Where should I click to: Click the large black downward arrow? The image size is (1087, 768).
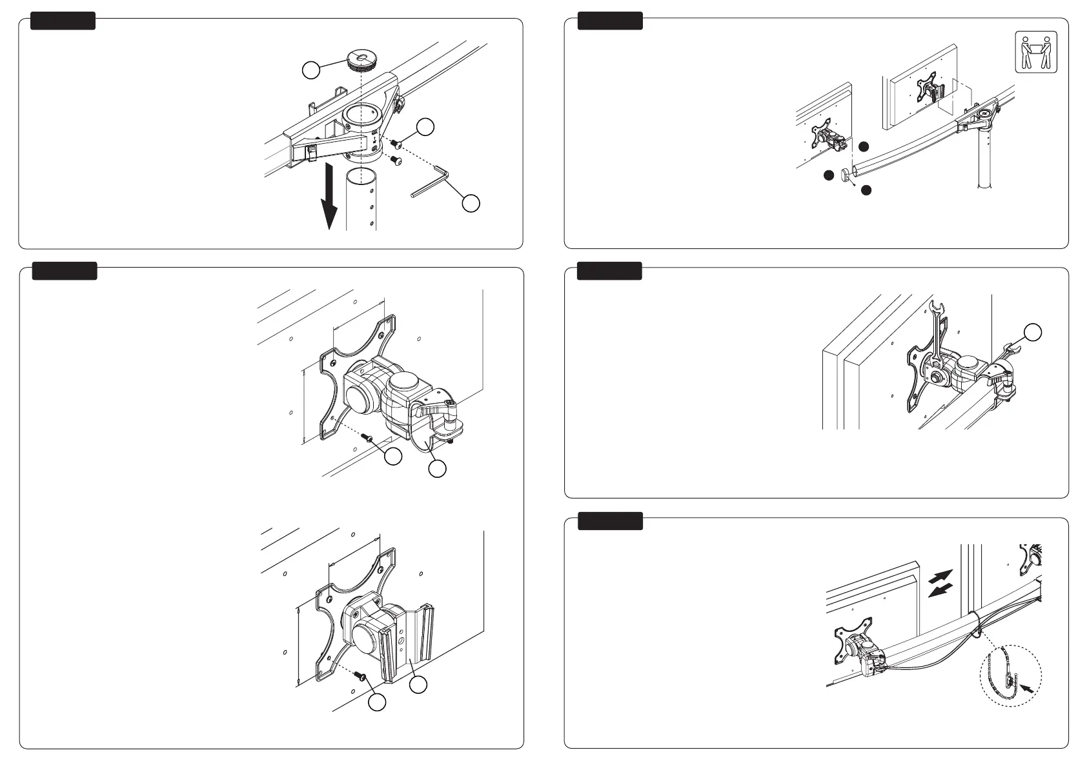click(329, 196)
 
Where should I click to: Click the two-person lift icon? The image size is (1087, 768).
click(1037, 52)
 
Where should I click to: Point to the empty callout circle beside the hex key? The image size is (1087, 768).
click(471, 202)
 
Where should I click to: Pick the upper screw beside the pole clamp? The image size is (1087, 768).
click(395, 144)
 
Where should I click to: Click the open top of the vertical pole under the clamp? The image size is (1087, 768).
click(361, 175)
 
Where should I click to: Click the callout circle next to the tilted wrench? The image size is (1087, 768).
click(1033, 331)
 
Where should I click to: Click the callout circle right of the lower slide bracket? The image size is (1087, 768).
click(419, 685)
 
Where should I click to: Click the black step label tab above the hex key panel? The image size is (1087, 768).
click(63, 21)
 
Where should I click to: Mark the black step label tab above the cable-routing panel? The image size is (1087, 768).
click(610, 520)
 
